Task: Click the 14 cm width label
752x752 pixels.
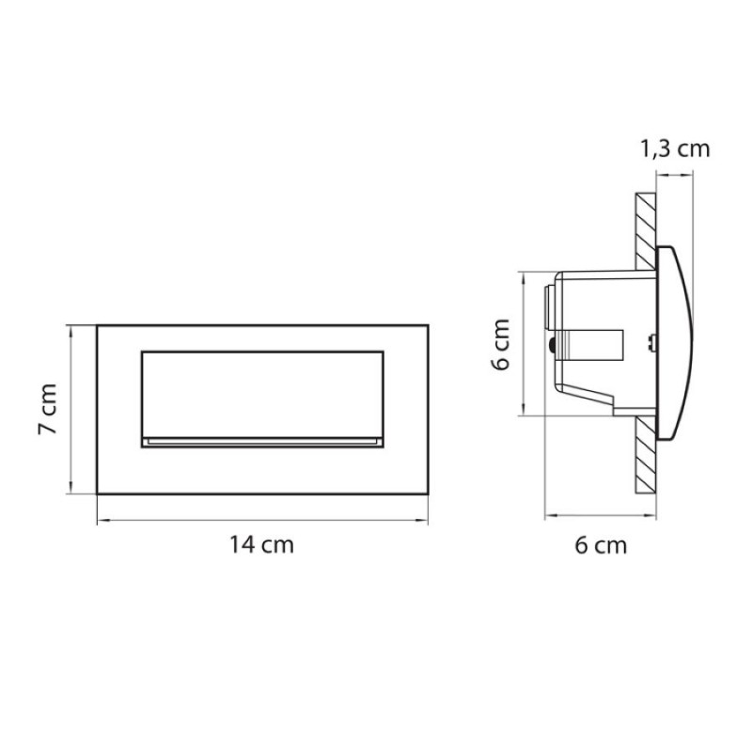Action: coord(261,545)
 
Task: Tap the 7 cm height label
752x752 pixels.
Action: coord(48,409)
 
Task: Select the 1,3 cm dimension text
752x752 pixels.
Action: coord(675,149)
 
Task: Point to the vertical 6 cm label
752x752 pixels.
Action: coord(501,344)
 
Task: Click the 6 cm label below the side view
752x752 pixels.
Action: coord(601,545)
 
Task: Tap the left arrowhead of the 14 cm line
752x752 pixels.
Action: coord(101,520)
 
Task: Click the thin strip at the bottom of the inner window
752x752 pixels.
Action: coord(262,442)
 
